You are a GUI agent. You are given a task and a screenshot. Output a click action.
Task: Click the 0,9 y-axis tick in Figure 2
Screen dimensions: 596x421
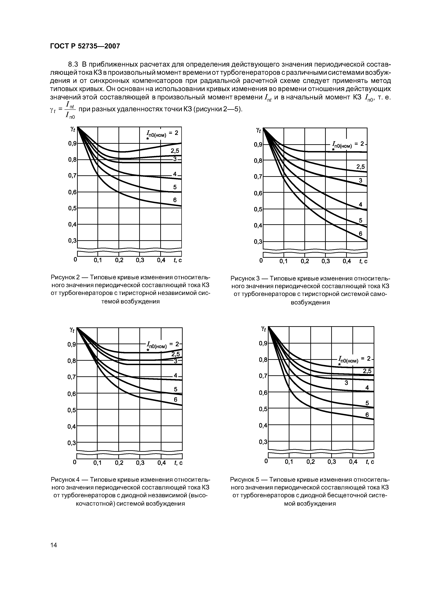click(x=72, y=144)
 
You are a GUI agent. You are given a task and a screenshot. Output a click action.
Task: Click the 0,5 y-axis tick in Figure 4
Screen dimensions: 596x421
click(x=72, y=410)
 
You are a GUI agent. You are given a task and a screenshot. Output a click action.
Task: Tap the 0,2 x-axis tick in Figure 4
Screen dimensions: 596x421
click(x=119, y=463)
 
